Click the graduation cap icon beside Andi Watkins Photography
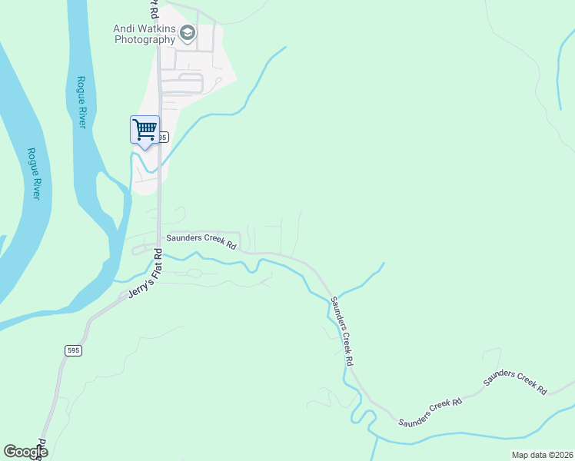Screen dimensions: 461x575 point(188,32)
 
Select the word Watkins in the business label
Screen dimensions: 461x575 point(157,28)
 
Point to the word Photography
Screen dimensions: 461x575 point(145,40)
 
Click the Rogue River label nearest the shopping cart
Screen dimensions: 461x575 point(81,101)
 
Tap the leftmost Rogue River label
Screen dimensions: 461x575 point(33,174)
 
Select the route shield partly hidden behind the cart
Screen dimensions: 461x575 point(161,137)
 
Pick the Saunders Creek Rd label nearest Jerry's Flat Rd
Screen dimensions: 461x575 point(201,240)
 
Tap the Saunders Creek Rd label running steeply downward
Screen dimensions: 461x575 point(341,330)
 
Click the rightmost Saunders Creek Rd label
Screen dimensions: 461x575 point(515,380)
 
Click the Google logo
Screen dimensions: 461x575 point(25,452)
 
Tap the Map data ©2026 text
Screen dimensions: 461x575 point(541,455)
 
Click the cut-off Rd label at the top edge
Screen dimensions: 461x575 point(153,9)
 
